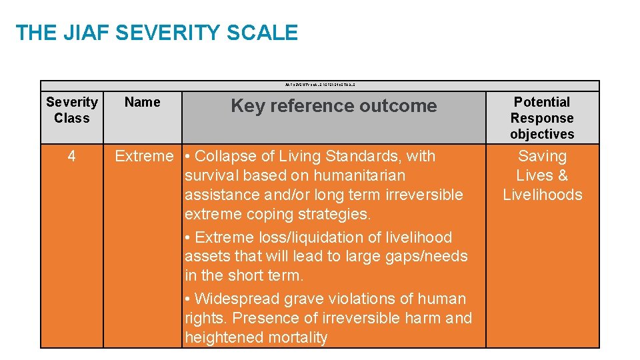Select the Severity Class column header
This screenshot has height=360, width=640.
pyautogui.click(x=72, y=110)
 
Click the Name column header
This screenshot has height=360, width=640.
pyautogui.click(x=142, y=102)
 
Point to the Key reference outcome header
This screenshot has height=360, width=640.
pyautogui.click(x=333, y=106)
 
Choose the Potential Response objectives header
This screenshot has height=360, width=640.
pyautogui.click(x=542, y=118)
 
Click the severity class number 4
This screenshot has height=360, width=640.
pyautogui.click(x=71, y=157)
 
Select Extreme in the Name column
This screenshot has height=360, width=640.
pyautogui.click(x=143, y=157)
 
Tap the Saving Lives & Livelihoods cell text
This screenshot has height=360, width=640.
pyautogui.click(x=542, y=175)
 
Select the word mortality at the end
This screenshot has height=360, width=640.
pyautogui.click(x=297, y=337)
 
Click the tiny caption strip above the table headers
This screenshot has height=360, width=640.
pyautogui.click(x=320, y=85)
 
